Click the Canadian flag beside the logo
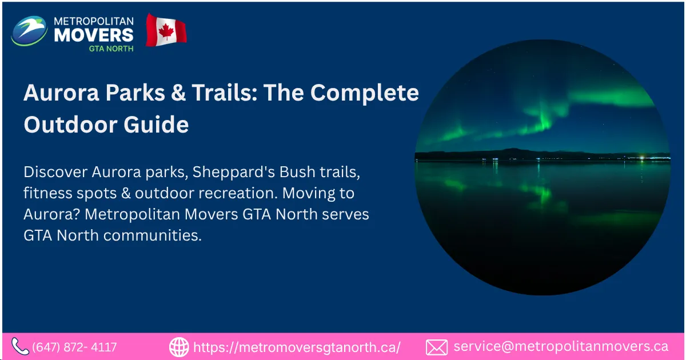[x=166, y=31]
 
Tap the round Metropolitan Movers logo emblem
[x=29, y=31]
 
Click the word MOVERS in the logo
[x=94, y=34]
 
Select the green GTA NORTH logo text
[x=111, y=49]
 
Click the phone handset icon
[x=20, y=346]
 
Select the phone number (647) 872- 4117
[x=75, y=347]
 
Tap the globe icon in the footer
[x=179, y=347]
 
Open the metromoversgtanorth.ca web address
[x=297, y=347]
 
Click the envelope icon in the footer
[x=437, y=347]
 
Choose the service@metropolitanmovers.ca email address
[x=561, y=346]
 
